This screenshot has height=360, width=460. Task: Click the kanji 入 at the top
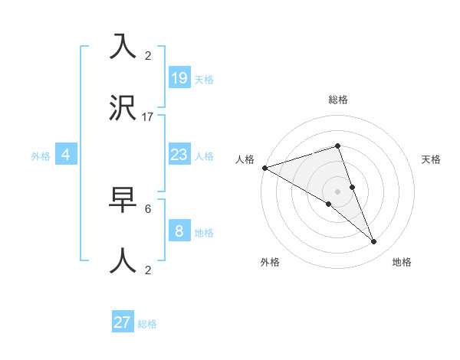pos(123,46)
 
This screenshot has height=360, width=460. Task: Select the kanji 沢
pos(123,109)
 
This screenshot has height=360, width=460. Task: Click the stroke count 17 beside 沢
pos(148,117)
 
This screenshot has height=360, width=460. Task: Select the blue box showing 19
pos(179,77)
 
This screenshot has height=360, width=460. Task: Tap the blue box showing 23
pos(179,155)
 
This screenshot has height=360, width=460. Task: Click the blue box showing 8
pos(179,231)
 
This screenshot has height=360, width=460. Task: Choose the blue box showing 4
pos(66,155)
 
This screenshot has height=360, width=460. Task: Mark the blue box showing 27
pos(123,322)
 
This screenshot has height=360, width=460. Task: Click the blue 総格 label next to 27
pos(147,324)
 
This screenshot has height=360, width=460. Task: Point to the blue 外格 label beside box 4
pos(41,156)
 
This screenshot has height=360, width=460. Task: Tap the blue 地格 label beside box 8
pos(204,232)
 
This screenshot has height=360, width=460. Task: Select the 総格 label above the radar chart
pos(337,100)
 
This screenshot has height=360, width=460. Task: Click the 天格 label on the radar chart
pos(431,159)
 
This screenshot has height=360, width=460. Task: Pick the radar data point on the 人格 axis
pos(264,168)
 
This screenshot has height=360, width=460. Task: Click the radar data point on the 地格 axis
pos(373,242)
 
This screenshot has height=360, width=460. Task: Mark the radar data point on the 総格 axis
pos(337,146)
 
